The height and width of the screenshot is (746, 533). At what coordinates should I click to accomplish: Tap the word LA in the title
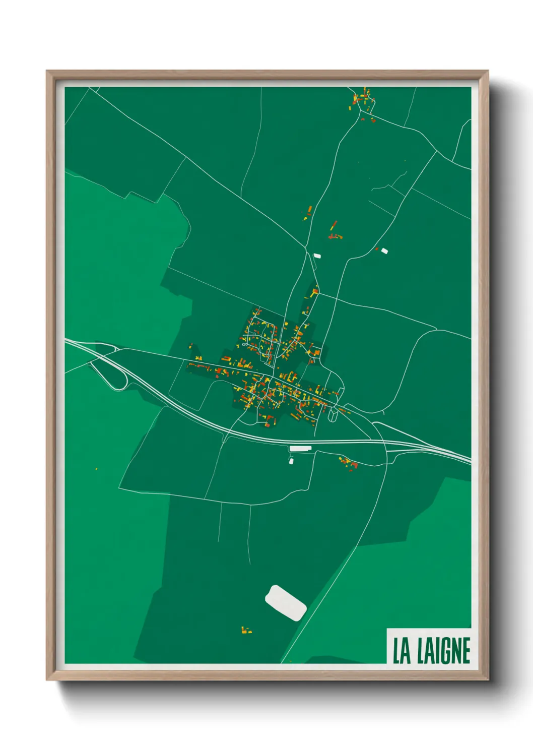pos(401,651)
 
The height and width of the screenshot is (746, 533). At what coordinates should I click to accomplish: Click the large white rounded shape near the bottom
pos(286,603)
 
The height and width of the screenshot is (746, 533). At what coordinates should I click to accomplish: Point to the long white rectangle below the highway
pos(301,448)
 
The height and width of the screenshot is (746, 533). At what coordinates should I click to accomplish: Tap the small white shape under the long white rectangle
pos(291,461)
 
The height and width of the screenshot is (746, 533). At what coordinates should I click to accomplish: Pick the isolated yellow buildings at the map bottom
pos(246,630)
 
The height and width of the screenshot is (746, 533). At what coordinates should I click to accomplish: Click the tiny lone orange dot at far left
pos(96,469)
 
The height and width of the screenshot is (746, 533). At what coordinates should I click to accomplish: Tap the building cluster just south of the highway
pos(349,462)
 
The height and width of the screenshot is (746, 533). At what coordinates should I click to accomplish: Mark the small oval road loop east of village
pos(333,414)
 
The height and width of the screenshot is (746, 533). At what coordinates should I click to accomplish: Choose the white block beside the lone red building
pos(384,250)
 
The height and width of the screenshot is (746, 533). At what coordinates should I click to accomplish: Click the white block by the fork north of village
pos(317,256)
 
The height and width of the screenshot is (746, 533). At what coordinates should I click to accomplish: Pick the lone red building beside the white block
pos(376,248)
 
